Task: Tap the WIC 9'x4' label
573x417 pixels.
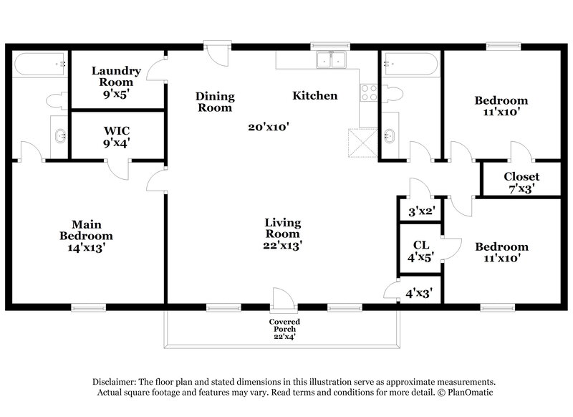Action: coord(116,136)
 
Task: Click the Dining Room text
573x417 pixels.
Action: coord(215,102)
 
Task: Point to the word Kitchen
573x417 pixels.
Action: coord(314,95)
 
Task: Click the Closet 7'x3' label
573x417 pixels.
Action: coord(521,183)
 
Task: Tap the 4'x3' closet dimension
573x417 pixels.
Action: coord(419,292)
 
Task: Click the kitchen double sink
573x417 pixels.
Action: coord(330,62)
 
